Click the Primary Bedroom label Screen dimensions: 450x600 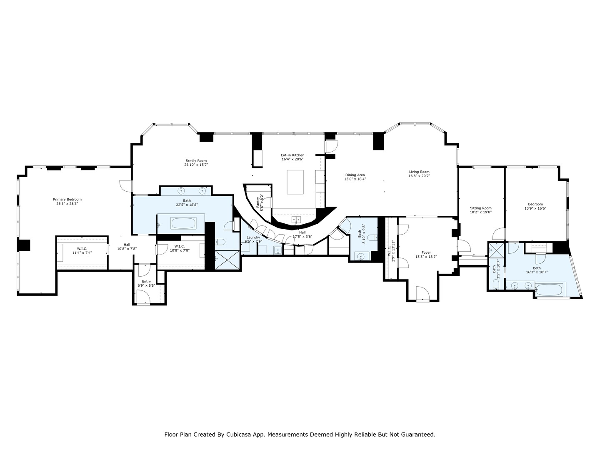(67, 199)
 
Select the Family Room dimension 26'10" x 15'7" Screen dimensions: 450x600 (196, 165)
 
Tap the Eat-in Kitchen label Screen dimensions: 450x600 (292, 155)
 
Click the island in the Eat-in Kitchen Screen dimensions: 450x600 (295, 182)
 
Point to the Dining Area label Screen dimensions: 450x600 (355, 175)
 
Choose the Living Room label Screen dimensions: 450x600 (419, 172)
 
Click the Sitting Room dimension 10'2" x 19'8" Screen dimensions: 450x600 (481, 212)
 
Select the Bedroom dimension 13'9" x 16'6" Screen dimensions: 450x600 (535, 208)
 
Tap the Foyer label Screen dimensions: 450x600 (426, 252)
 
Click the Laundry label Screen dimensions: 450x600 (253, 237)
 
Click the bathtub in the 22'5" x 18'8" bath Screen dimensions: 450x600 (183, 224)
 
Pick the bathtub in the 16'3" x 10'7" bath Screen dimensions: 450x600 (550, 289)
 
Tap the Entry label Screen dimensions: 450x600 (146, 281)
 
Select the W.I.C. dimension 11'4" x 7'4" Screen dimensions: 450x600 (82, 252)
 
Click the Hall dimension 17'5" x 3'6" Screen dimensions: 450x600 (302, 236)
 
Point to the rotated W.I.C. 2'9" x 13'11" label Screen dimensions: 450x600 (390, 253)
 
